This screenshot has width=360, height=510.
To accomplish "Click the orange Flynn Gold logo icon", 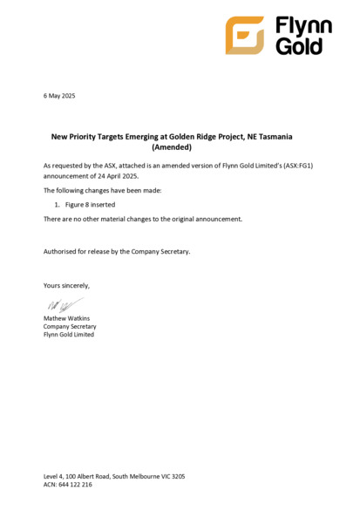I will coord(244,35).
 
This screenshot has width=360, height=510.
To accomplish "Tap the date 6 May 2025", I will coord(59,95).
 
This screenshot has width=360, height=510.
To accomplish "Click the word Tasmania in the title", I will coord(289,137).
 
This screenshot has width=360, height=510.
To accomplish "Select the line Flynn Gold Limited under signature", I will coord(69,334).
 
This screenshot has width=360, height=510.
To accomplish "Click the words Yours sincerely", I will coord(66,285).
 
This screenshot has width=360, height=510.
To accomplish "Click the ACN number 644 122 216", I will coord(73,485).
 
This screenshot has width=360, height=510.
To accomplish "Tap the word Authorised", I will coord(62,251).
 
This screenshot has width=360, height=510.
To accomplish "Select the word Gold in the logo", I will coord(299,46).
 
